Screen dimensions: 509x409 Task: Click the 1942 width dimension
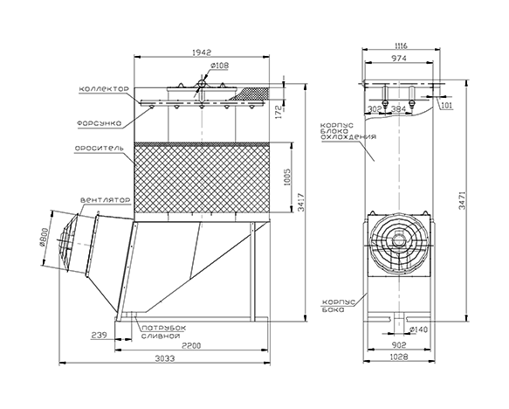click(202, 52)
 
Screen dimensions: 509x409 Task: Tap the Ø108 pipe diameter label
click(220, 66)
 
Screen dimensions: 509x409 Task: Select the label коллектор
click(104, 88)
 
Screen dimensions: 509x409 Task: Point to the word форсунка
click(100, 123)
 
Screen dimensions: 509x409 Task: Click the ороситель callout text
click(99, 149)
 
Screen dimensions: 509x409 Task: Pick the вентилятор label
click(105, 200)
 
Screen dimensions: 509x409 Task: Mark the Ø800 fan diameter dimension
click(44, 238)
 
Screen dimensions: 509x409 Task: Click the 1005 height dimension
click(287, 177)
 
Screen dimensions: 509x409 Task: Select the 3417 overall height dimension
click(301, 203)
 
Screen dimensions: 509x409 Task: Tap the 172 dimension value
click(279, 112)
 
